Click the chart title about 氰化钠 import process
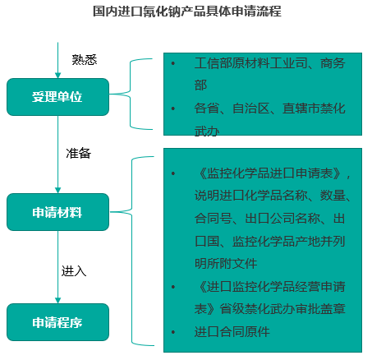point(187,12)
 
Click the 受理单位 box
point(57,97)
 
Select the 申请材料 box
point(57,212)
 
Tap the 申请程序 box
point(57,322)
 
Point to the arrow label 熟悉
point(85,60)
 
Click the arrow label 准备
point(78,153)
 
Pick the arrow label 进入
point(74,271)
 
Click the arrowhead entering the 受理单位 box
point(57,76)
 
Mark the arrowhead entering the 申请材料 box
point(57,191)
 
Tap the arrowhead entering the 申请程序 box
point(57,301)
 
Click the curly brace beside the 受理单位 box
point(130,94)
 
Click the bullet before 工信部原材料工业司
point(173,63)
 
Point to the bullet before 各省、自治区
point(173,108)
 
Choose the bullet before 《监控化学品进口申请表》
point(173,173)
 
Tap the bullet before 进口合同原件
point(173,332)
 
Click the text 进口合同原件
point(232,332)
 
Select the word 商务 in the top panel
point(333,63)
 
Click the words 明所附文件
point(226,264)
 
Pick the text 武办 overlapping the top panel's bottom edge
point(207,132)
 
